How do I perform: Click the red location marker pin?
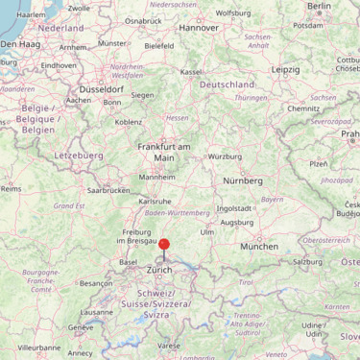164,245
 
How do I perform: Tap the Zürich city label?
159,271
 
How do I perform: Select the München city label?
259,247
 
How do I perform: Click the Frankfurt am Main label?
164,152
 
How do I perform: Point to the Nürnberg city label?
242,180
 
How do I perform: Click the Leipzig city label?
285,70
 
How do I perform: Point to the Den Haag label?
21,44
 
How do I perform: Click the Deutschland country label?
227,84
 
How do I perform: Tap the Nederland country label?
60,29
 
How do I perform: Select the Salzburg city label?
307,261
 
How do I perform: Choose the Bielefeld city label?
159,45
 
